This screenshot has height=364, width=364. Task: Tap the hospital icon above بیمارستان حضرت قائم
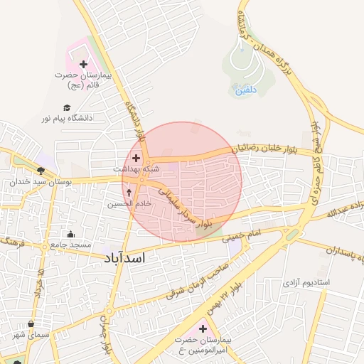[x=84, y=65]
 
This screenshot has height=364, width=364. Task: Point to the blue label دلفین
[x=245, y=90]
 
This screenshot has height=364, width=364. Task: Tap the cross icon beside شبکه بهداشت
[x=136, y=158]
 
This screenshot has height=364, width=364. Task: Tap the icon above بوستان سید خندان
[x=41, y=171]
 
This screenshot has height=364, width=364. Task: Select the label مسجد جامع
[x=70, y=245]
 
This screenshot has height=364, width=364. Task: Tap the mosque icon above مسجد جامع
[x=70, y=234]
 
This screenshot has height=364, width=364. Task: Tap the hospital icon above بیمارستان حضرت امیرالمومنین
[x=204, y=328]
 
